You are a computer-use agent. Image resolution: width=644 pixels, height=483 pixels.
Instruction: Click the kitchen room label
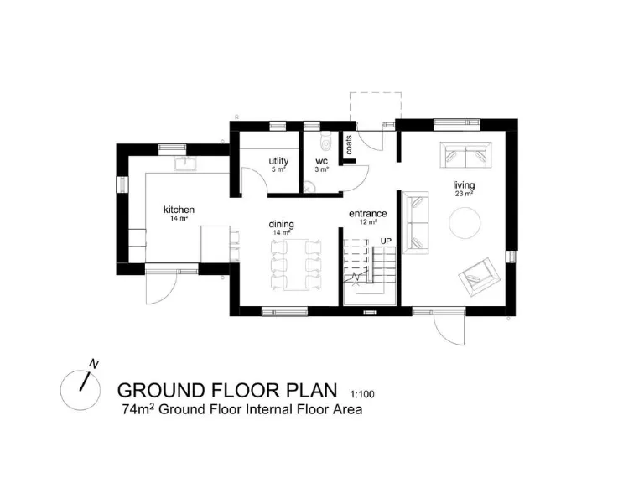[179, 210]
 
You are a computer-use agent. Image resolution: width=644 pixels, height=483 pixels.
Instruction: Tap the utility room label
[278, 161]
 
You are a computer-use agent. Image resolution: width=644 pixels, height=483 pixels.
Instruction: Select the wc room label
[321, 161]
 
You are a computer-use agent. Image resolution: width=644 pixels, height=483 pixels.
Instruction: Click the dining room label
[281, 225]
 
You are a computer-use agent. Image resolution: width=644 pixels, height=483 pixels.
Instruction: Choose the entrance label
[367, 214]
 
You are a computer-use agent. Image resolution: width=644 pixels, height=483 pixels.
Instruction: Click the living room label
[464, 185]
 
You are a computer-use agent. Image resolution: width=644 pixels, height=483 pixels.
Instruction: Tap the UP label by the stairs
[386, 241]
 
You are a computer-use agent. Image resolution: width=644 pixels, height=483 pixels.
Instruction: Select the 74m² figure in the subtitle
[138, 410]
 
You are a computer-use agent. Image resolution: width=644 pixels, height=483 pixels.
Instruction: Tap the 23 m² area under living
[464, 194]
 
